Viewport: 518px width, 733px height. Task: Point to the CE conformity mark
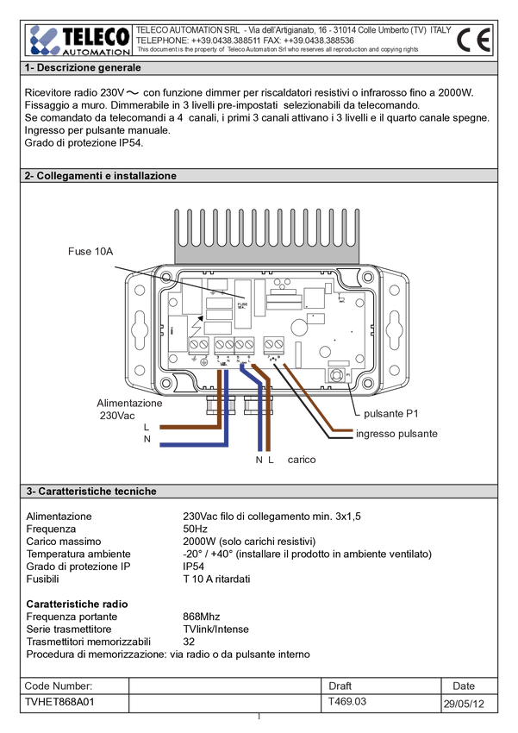point(471,41)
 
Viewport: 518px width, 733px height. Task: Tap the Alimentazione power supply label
point(129,403)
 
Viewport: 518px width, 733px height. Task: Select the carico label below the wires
point(302,460)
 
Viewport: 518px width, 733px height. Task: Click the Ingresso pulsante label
point(398,434)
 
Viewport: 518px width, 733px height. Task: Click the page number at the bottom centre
point(258,717)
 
